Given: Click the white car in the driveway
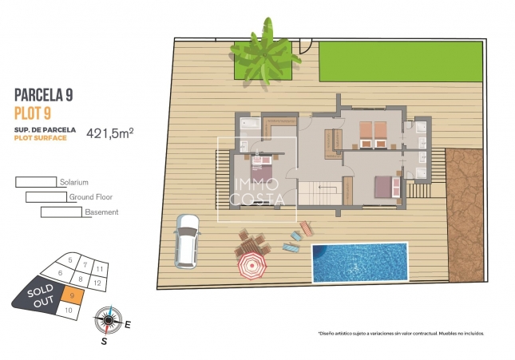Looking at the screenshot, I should point(187,240).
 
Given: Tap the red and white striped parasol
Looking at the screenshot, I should point(252,266).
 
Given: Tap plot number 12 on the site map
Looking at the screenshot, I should point(97,283).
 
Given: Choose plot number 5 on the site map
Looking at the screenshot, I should point(70,260).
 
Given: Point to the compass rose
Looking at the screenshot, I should point(107,320).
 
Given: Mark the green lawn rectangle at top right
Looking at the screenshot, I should point(401,61).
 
